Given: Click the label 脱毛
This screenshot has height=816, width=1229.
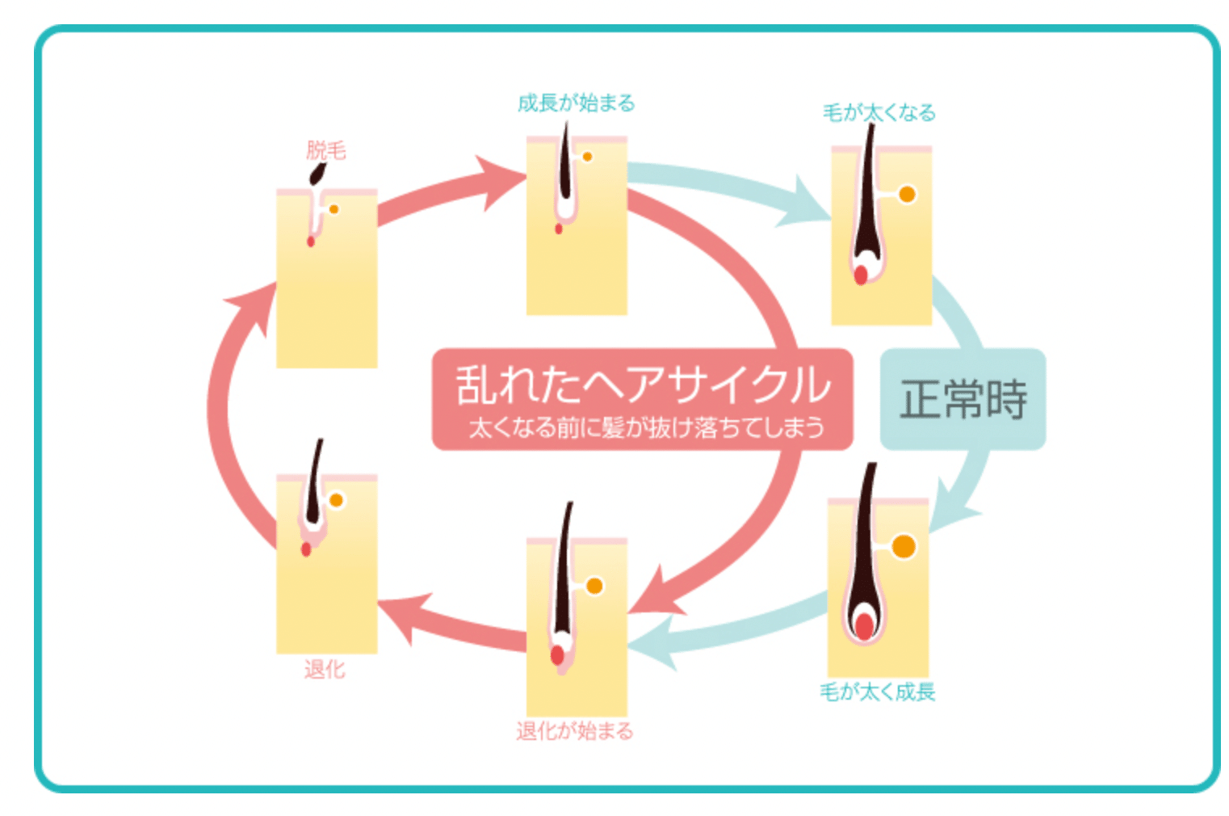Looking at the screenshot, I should tap(325, 150).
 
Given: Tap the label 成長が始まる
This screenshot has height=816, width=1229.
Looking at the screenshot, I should tap(576, 103).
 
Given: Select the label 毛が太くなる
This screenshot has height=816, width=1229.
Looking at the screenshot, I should tap(879, 112).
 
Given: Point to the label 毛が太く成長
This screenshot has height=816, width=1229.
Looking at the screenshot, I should tap(877, 692).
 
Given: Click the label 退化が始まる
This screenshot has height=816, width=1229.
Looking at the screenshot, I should tap(575, 731).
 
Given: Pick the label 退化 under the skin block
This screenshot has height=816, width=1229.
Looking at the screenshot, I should tap(325, 669).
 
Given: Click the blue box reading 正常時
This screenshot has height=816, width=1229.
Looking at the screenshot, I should tap(963, 399).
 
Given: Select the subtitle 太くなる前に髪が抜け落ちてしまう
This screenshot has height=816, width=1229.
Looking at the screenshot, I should tap(646, 427).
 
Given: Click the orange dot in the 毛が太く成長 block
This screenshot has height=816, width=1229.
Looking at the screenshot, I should tap(904, 547).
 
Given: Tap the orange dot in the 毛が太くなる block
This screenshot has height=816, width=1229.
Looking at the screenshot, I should tap(907, 195).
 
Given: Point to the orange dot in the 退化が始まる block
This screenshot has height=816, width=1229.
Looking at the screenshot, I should tap(594, 586).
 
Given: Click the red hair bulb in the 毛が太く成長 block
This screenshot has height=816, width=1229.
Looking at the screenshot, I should tap(864, 626).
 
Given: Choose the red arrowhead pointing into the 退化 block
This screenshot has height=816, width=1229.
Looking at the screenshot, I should tap(401, 614).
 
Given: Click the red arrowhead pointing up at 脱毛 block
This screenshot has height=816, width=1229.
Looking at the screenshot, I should tap(252, 306).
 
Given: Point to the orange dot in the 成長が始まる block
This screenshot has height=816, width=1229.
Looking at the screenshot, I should tap(587, 157).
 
